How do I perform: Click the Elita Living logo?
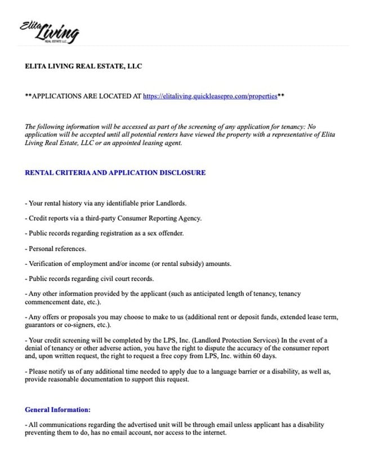tap(50, 32)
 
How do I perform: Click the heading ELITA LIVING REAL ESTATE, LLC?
tap(83, 66)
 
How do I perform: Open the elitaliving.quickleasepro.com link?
tap(210, 96)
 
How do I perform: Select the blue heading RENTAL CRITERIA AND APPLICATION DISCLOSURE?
tap(115, 172)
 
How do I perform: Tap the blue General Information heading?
tap(57, 410)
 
